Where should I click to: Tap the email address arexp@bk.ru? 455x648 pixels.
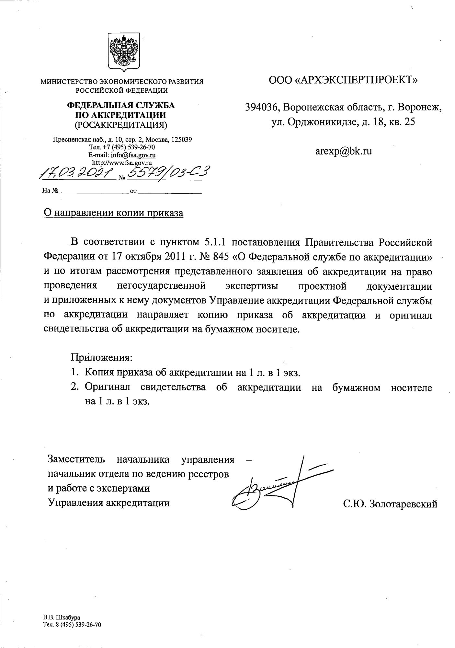(343, 151)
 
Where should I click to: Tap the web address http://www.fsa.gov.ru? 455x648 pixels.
(122, 162)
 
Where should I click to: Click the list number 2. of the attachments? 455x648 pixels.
(75, 387)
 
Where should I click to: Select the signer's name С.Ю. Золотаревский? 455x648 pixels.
(390, 504)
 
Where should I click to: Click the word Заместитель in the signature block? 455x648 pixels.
(76, 459)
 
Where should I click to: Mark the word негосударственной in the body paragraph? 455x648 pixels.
(161, 286)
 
